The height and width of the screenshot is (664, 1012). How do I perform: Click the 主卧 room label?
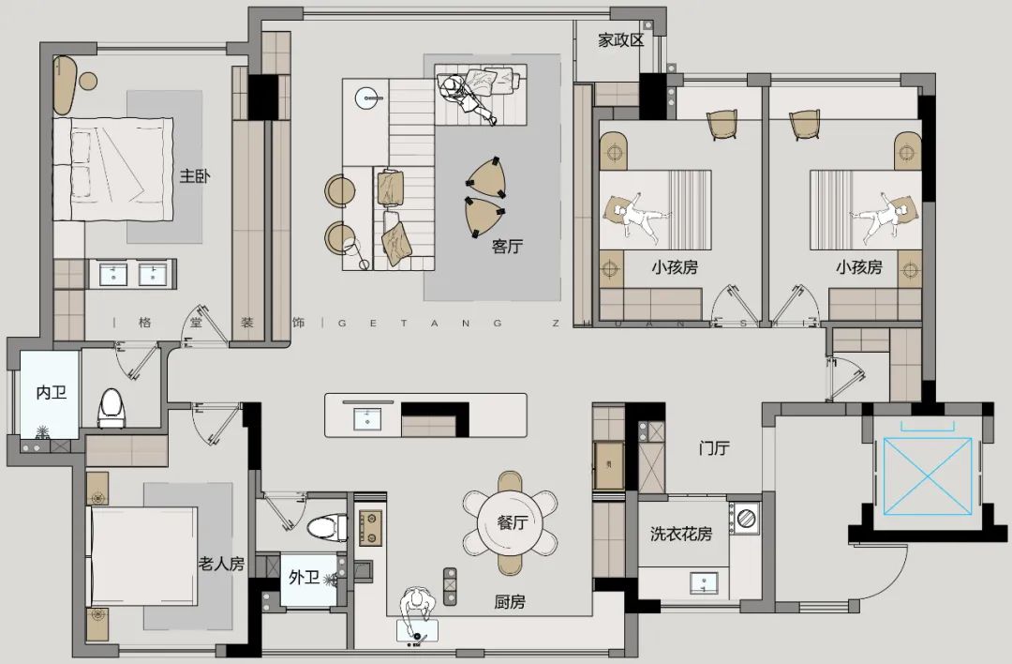click(x=195, y=175)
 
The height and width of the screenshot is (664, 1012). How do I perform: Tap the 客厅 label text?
click(x=507, y=246)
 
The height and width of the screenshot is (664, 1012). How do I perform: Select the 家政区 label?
click(x=621, y=40)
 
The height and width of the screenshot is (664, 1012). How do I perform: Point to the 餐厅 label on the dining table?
click(x=513, y=522)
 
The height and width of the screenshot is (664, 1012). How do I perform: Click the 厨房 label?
click(x=510, y=602)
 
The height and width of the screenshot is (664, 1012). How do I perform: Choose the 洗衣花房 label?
click(x=681, y=535)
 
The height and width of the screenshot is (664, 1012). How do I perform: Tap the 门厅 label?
click(x=714, y=447)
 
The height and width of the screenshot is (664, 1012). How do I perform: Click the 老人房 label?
click(x=221, y=564)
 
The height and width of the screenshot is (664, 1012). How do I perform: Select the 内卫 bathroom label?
click(x=51, y=392)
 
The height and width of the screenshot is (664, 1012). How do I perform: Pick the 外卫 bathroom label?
click(x=304, y=577)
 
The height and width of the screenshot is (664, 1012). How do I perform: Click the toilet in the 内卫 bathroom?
click(x=111, y=408)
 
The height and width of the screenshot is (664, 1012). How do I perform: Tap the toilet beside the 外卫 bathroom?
click(x=328, y=527)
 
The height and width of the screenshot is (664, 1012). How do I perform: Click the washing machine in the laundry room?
click(x=746, y=518)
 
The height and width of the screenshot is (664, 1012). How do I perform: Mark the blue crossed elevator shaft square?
click(x=928, y=476)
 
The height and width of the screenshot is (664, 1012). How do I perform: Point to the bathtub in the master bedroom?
click(x=64, y=84)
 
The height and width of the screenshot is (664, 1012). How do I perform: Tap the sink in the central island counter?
click(x=367, y=418)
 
